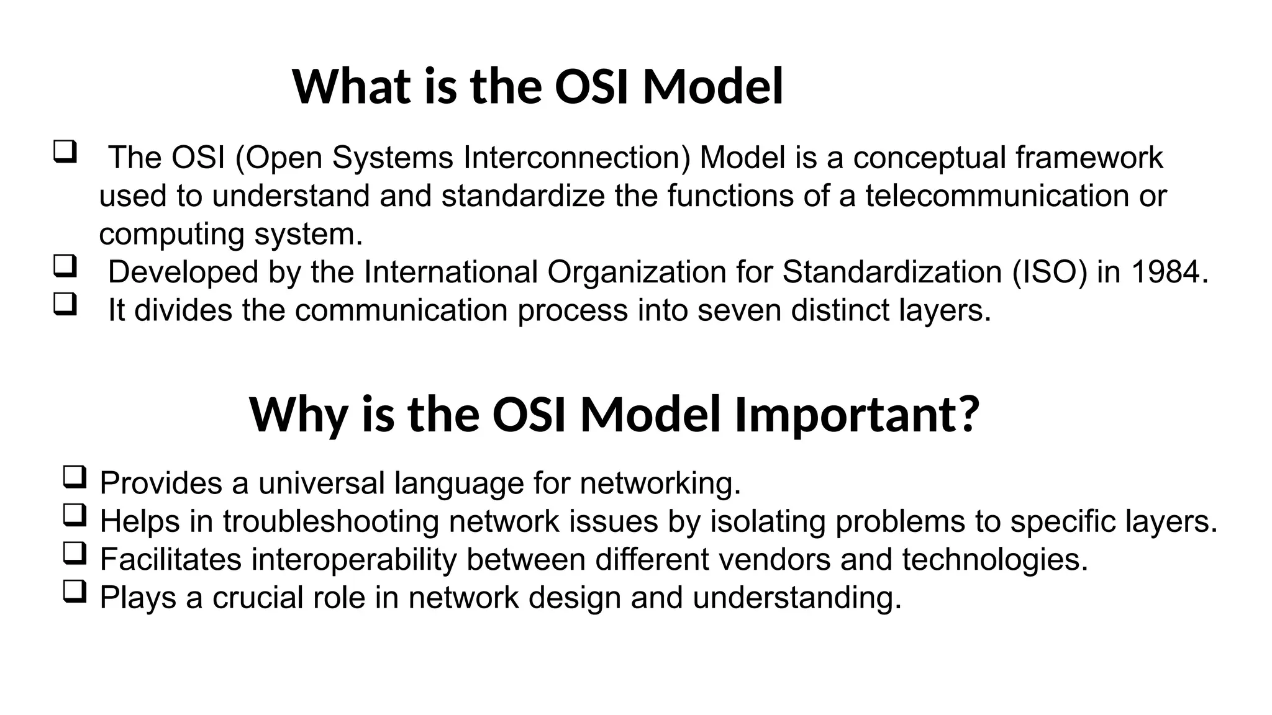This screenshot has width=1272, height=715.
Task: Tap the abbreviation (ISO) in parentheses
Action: click(x=1050, y=272)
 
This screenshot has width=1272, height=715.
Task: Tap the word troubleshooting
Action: click(x=331, y=521)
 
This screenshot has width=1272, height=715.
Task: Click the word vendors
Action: click(x=775, y=559)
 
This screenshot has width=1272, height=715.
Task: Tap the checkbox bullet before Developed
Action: click(x=65, y=266)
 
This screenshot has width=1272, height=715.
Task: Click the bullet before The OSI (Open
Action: click(x=65, y=152)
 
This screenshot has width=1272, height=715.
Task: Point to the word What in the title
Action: click(x=352, y=86)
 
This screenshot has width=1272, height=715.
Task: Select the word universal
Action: click(x=322, y=483)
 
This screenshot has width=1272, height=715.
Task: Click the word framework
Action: click(x=1089, y=158)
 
